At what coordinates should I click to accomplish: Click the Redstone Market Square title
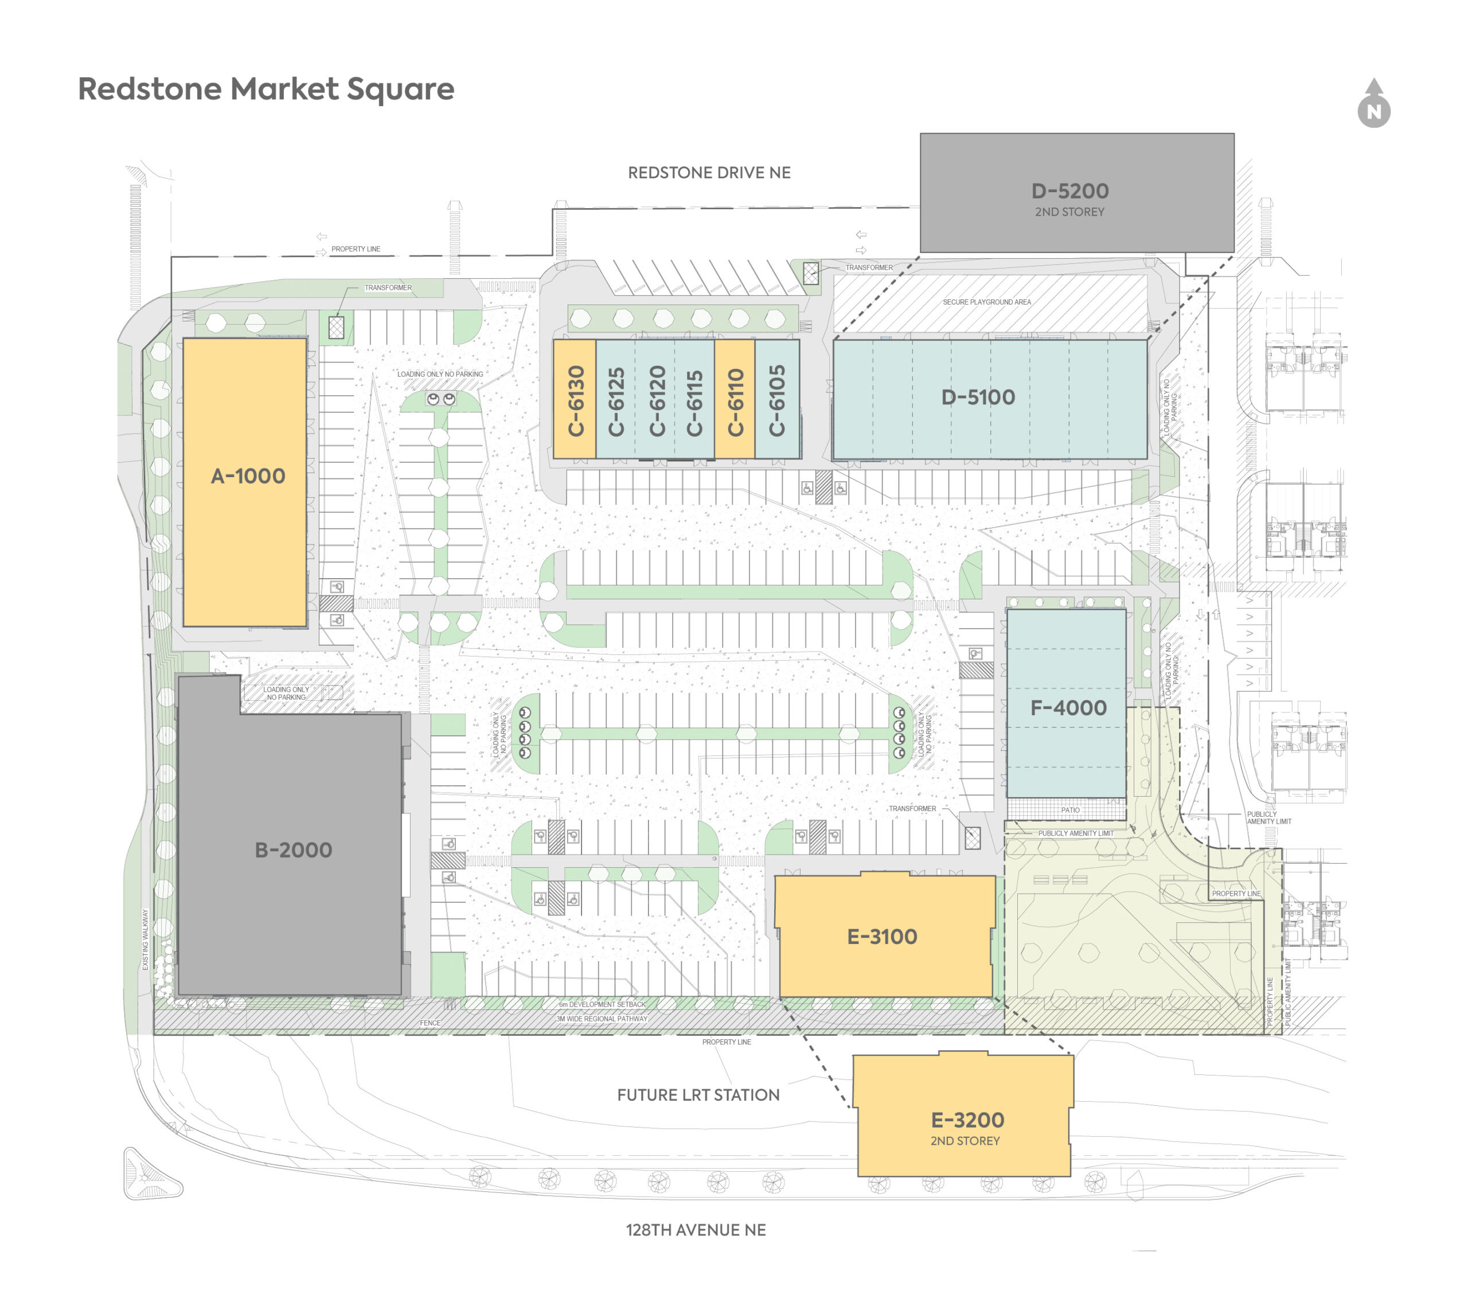coord(266,89)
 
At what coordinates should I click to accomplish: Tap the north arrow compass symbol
coord(1373,106)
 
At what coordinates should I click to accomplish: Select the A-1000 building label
coord(248,476)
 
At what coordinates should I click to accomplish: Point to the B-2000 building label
coord(293,850)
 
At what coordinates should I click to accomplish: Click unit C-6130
coord(575,401)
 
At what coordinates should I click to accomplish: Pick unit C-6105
coord(776,401)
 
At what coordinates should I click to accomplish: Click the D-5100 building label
coord(978,397)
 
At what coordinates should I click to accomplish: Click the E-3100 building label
coord(882,937)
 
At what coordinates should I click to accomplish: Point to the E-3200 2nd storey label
coord(966,1128)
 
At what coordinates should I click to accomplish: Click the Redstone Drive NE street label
coord(709,173)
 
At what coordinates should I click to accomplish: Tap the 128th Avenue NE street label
coord(696,1230)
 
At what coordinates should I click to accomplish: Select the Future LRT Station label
coord(698,1094)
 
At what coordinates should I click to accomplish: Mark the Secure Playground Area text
coord(987,302)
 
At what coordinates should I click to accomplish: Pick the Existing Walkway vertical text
coord(145,938)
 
